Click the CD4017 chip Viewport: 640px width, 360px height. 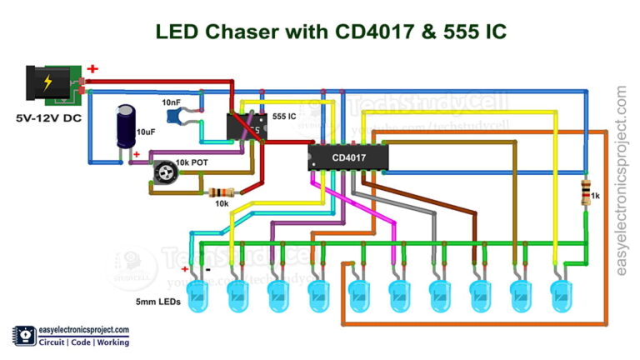347,157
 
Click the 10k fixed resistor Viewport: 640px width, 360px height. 219,192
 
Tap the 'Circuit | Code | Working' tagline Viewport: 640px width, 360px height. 77,342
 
